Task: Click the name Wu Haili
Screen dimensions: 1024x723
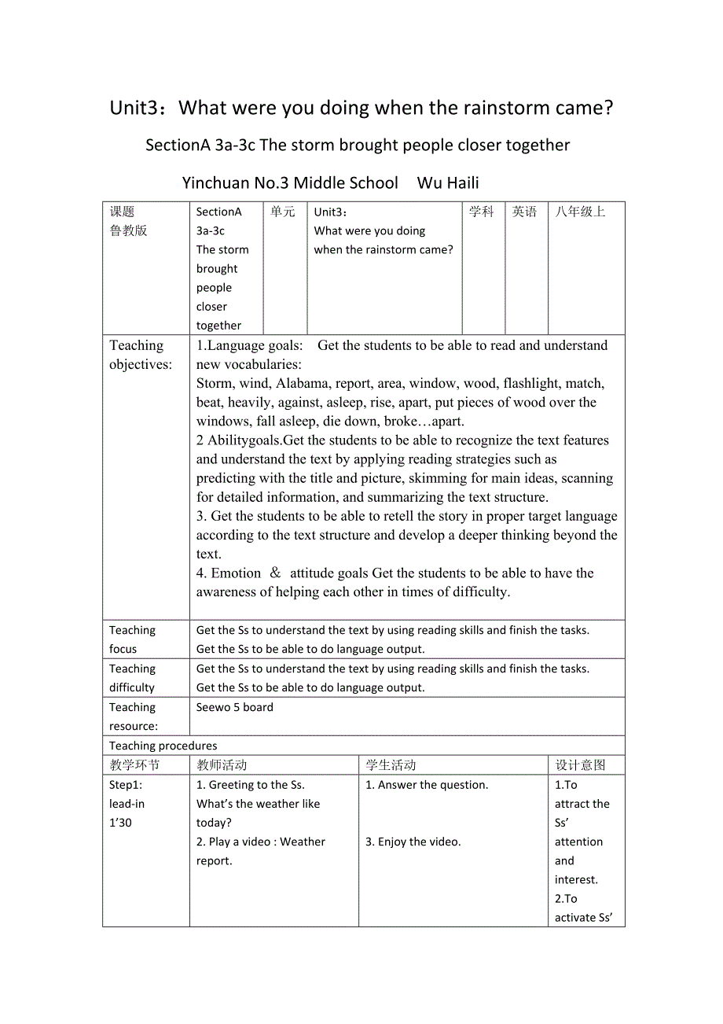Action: point(448,183)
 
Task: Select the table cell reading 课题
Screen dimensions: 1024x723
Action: point(123,212)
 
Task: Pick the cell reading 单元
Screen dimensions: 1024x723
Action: point(283,212)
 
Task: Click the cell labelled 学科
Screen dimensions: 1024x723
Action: point(481,212)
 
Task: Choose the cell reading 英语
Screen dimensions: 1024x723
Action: point(524,212)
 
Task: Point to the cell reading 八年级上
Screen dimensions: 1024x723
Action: point(580,212)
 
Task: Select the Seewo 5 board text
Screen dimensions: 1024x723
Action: point(235,707)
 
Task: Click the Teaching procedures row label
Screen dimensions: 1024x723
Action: point(163,746)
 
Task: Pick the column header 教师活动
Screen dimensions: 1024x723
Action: point(222,765)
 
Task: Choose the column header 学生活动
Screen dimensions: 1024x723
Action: point(391,765)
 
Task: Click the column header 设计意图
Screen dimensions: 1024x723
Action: point(580,765)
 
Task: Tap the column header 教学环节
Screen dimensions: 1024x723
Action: point(134,765)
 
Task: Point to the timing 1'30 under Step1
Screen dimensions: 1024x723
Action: point(121,823)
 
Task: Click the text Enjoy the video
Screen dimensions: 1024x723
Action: point(413,842)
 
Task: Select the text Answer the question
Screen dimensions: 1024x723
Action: point(427,785)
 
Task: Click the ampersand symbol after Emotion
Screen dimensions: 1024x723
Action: point(275,573)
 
